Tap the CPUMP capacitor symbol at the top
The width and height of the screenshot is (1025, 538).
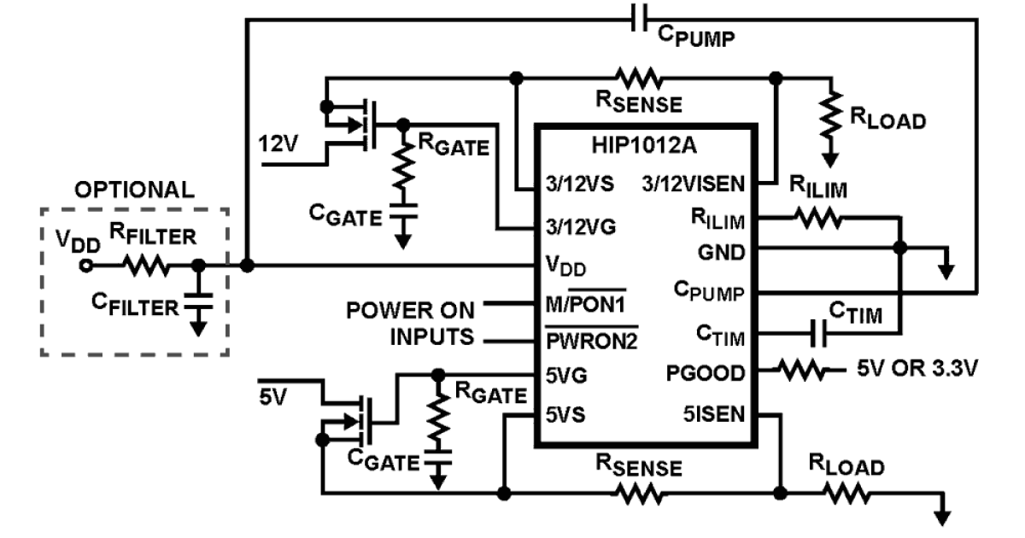pos(639,18)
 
